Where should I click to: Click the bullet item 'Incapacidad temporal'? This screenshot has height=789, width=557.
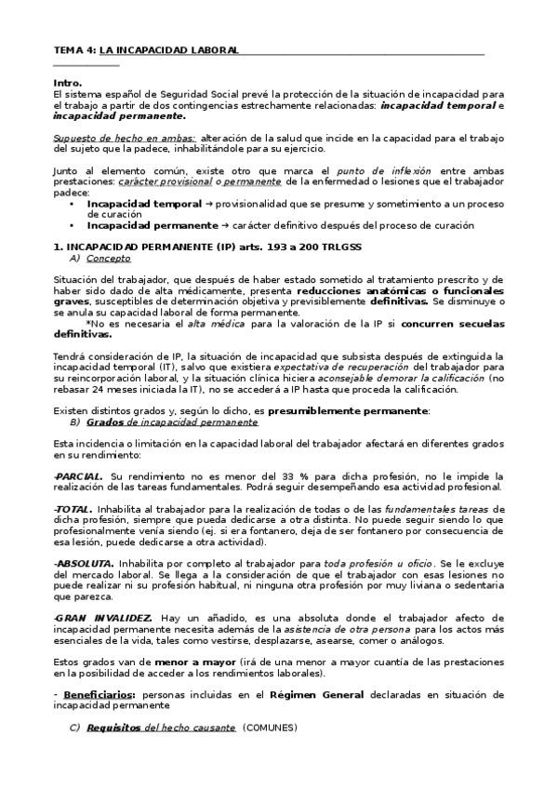point(139,203)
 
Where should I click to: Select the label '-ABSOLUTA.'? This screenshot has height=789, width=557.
point(85,564)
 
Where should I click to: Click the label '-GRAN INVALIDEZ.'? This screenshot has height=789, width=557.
point(103,618)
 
